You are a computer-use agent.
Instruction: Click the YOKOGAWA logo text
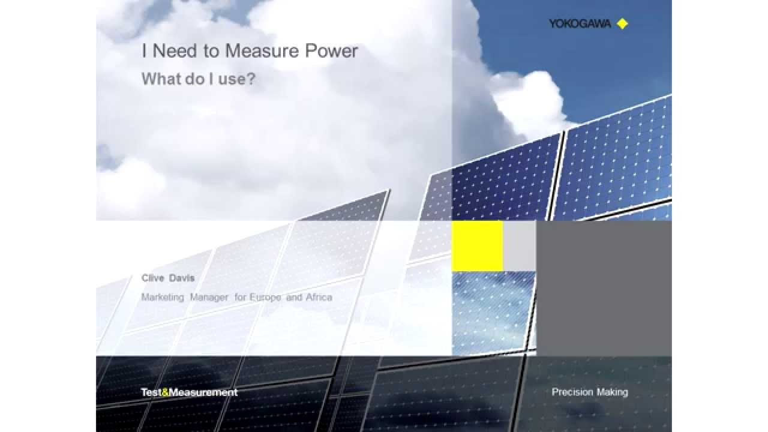(x=580, y=24)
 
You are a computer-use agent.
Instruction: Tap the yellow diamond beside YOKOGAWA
(x=622, y=24)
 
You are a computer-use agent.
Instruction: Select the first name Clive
(x=152, y=278)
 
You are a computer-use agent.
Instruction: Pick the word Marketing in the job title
(x=163, y=297)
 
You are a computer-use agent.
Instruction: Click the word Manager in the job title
(x=209, y=297)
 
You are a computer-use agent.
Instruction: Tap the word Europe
(x=265, y=297)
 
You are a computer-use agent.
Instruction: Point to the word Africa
(x=318, y=297)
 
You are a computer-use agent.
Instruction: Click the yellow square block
(x=477, y=245)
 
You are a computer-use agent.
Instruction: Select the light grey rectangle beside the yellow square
(x=519, y=245)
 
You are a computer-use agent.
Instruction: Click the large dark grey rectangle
(x=604, y=288)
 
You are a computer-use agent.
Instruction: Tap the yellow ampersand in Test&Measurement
(x=166, y=392)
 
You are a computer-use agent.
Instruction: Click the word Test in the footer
(x=151, y=392)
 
